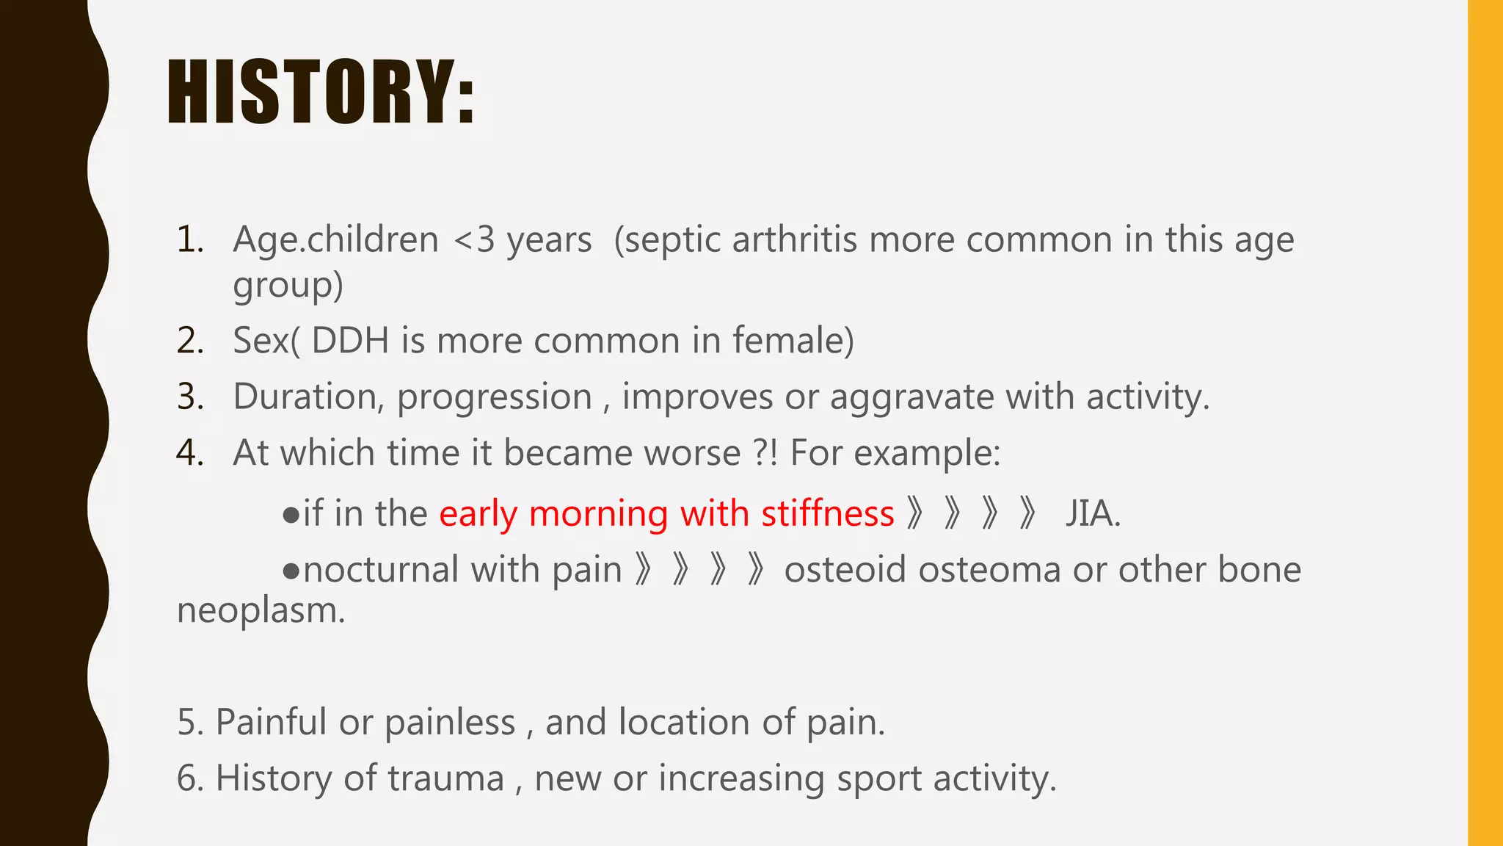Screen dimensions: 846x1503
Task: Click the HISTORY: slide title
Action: tap(321, 92)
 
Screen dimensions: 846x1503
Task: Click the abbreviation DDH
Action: tap(349, 341)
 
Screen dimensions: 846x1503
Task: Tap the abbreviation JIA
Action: tap(1092, 513)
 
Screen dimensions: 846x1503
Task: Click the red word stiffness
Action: tap(827, 513)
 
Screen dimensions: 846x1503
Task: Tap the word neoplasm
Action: tap(261, 610)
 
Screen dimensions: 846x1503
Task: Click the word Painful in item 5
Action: tap(270, 722)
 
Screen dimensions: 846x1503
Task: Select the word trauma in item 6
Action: tap(445, 778)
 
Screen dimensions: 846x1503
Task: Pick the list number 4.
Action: tap(189, 453)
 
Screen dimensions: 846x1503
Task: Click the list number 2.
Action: tap(189, 341)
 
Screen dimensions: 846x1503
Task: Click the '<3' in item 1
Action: tap(475, 240)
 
